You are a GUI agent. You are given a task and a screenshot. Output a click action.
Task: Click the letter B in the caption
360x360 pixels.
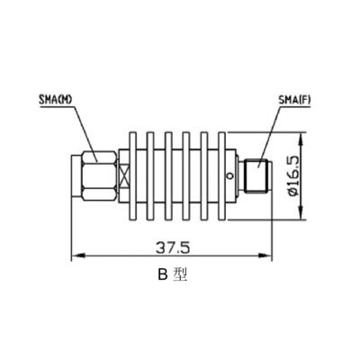point(163,277)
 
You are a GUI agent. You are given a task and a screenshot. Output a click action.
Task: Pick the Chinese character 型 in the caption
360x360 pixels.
point(181,277)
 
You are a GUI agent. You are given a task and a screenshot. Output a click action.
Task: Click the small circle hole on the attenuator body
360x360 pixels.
point(229,170)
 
